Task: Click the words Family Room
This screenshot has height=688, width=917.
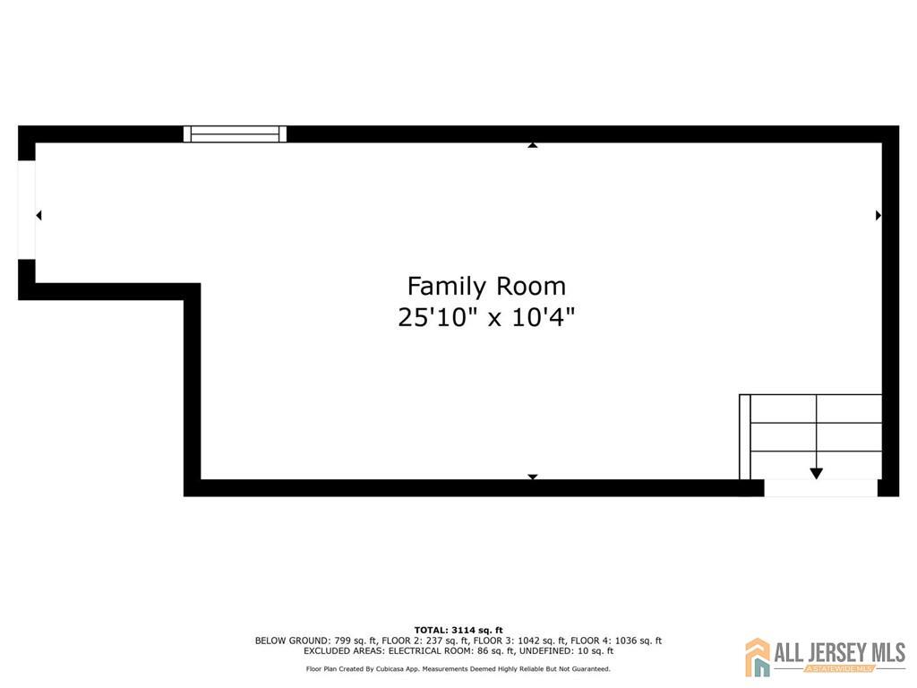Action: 486,287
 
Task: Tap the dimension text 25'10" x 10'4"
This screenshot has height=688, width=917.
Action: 486,317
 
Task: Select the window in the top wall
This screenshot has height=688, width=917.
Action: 236,134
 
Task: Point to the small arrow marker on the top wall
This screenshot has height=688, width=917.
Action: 533,144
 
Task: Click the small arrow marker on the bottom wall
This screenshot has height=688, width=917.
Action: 533,477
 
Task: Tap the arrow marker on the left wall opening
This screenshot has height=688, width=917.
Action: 39,215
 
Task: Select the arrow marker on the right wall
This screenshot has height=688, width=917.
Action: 878,215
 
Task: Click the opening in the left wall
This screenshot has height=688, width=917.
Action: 27,211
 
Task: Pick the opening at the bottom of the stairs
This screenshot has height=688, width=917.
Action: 820,488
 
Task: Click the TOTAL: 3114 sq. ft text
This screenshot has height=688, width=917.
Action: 458,630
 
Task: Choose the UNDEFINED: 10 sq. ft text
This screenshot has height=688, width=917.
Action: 570,651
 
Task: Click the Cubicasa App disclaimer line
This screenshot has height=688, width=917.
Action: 458,668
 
